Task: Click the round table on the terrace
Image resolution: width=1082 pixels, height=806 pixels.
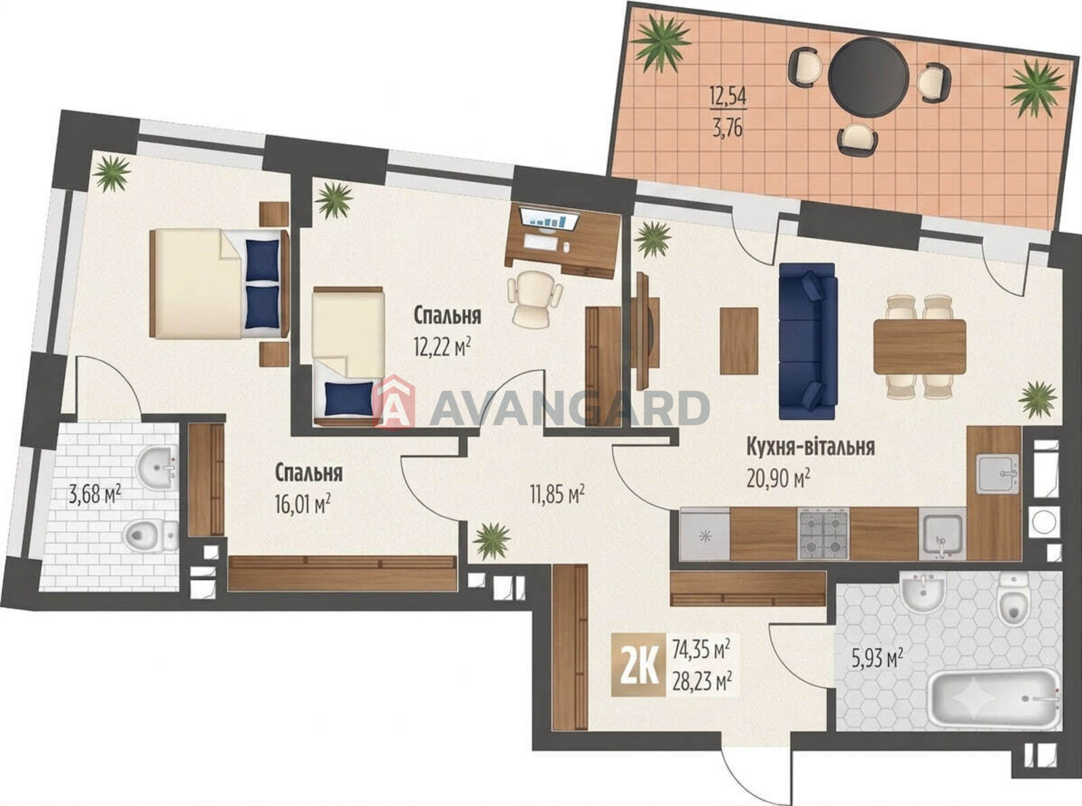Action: click(868, 76)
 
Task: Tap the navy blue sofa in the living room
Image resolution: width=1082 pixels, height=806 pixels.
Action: click(808, 341)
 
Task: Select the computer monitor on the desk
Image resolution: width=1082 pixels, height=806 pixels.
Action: click(548, 218)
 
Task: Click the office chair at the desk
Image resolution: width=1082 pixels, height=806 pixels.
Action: click(535, 297)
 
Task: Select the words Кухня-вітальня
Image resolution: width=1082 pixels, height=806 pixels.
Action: click(810, 447)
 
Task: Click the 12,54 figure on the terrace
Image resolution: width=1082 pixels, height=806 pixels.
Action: click(728, 97)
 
